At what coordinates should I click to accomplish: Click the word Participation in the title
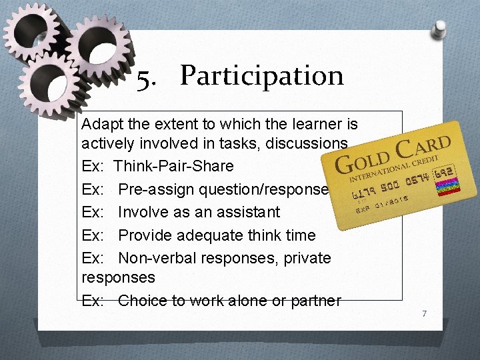261,77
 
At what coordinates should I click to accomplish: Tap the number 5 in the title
143,79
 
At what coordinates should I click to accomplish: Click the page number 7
423,313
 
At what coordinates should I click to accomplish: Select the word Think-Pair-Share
174,166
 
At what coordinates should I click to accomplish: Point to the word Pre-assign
153,189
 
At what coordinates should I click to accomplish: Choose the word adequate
211,235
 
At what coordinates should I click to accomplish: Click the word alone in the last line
255,301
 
